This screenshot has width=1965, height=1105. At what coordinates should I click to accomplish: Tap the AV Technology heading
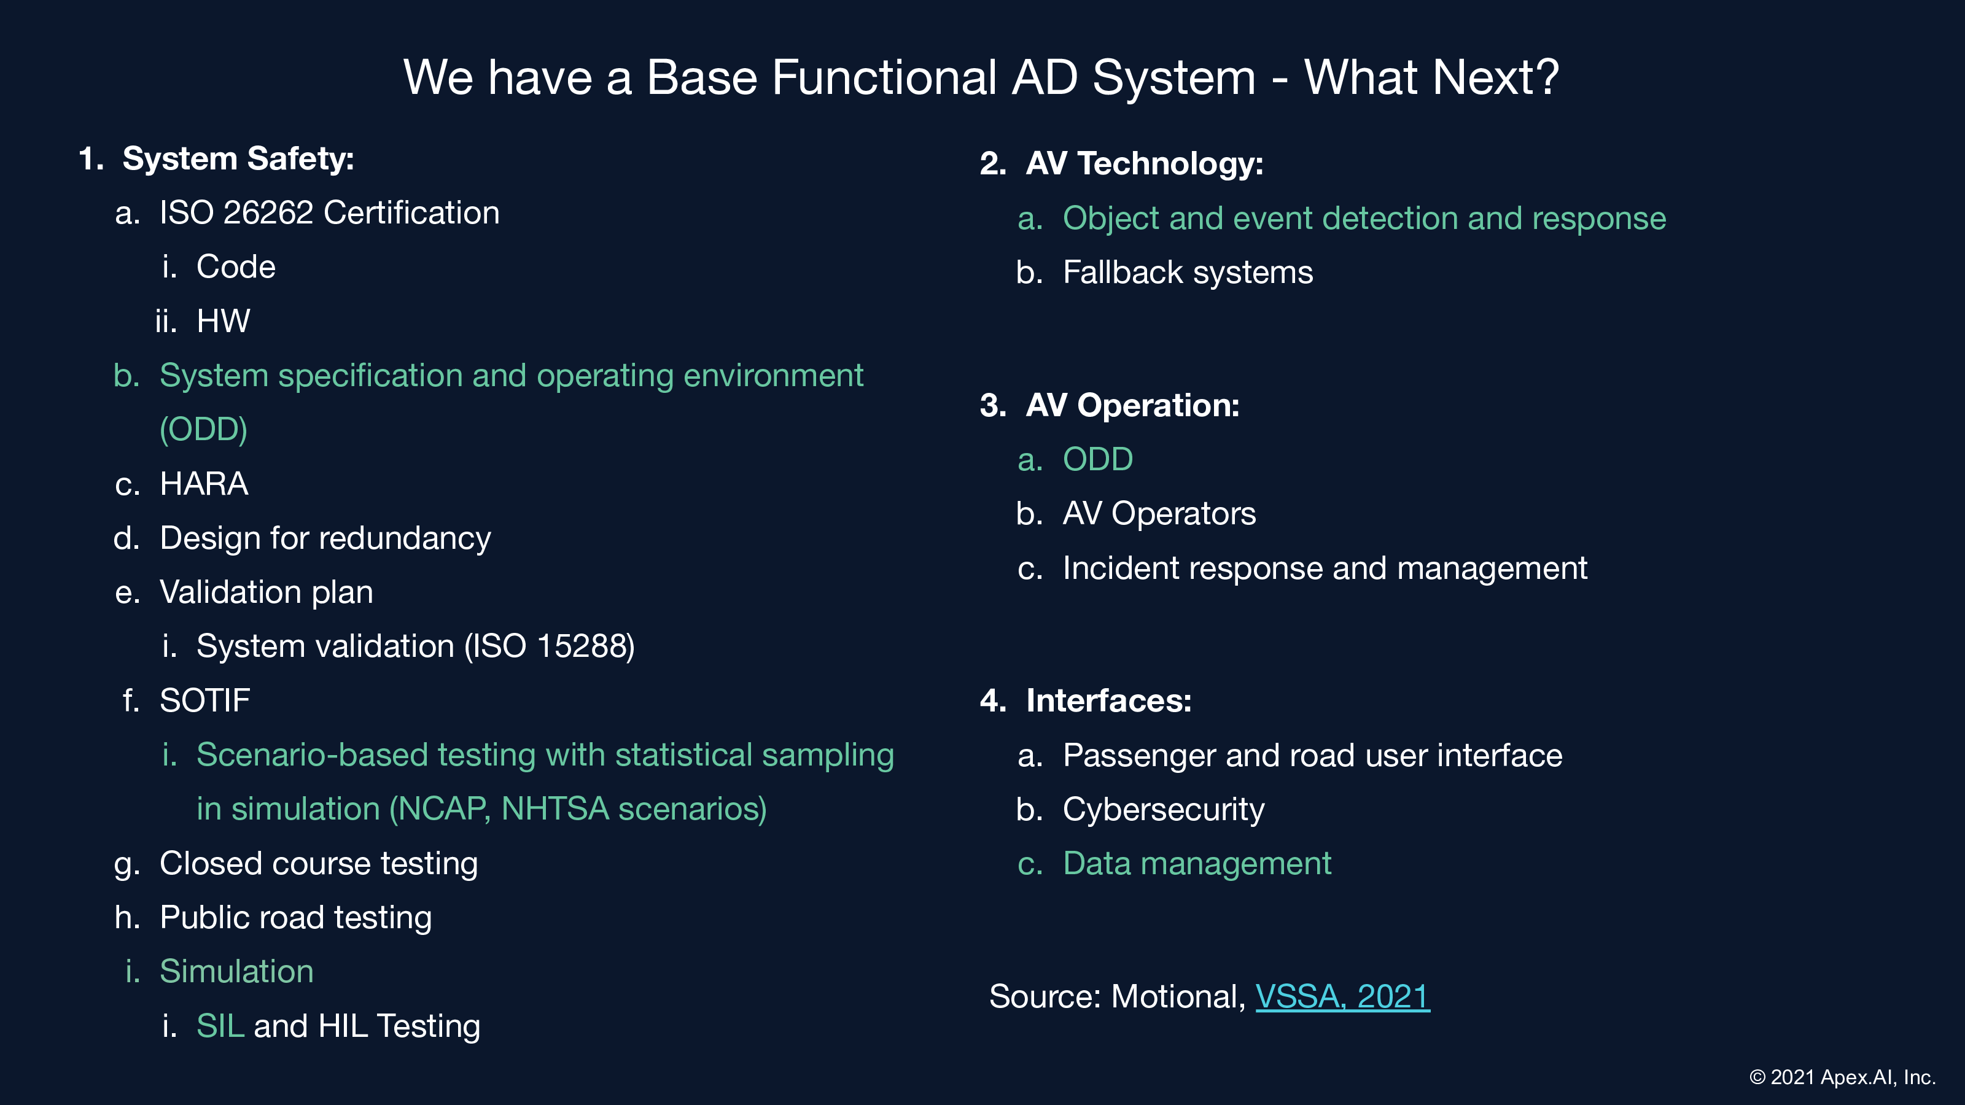[1144, 163]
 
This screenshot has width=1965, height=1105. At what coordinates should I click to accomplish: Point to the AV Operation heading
[1133, 405]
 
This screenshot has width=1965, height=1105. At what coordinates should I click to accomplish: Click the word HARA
[204, 484]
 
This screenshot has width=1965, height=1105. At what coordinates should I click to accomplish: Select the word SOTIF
[204, 700]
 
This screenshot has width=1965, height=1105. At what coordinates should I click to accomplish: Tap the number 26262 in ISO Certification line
[268, 213]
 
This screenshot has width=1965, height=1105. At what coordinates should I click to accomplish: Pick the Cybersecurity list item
[1163, 810]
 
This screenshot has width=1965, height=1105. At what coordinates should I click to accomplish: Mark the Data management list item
[1197, 863]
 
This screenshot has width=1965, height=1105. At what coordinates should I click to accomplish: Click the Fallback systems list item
[1188, 272]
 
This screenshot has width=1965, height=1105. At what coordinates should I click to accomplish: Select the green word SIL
[220, 1026]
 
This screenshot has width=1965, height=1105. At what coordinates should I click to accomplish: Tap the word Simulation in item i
[236, 972]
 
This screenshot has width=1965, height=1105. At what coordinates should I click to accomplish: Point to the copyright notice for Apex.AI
[1842, 1077]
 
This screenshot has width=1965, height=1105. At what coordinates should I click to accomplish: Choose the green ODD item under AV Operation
[1098, 459]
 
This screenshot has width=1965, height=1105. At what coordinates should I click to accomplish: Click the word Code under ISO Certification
[236, 267]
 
